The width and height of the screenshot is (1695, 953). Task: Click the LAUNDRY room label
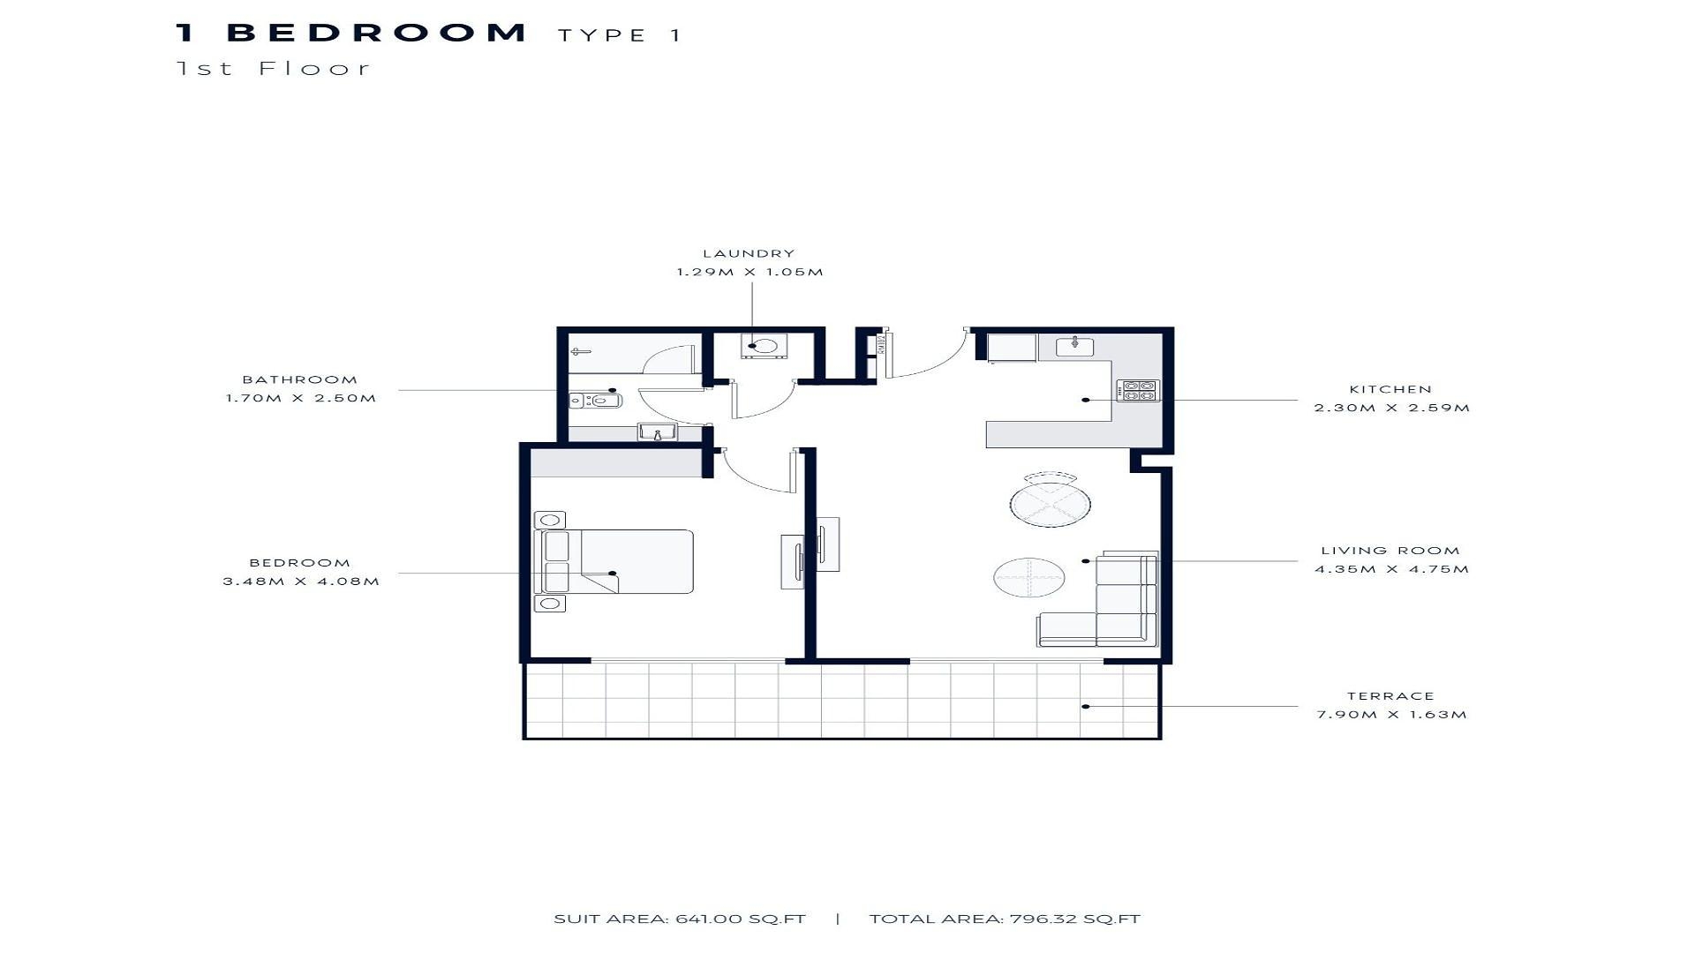[x=749, y=253]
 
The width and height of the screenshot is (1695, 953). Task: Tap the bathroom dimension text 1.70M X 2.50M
[x=301, y=398]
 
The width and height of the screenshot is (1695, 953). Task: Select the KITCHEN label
[x=1390, y=389]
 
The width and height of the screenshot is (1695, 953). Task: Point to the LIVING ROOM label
[x=1390, y=551]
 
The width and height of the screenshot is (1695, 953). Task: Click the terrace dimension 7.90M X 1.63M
[x=1391, y=715]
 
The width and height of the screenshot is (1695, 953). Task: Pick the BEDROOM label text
[x=300, y=563]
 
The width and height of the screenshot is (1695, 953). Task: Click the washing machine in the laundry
[x=759, y=347]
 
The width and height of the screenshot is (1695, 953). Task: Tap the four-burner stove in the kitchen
[x=1138, y=390]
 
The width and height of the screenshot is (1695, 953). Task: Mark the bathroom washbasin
[x=657, y=431]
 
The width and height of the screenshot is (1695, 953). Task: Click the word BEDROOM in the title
[x=377, y=33]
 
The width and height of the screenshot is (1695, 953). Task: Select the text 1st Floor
[x=274, y=68]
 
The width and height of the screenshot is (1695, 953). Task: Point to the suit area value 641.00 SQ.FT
[x=741, y=919]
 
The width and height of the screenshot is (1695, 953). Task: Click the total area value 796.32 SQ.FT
[x=1073, y=919]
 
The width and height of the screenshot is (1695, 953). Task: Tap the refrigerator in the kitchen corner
[x=1012, y=348]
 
